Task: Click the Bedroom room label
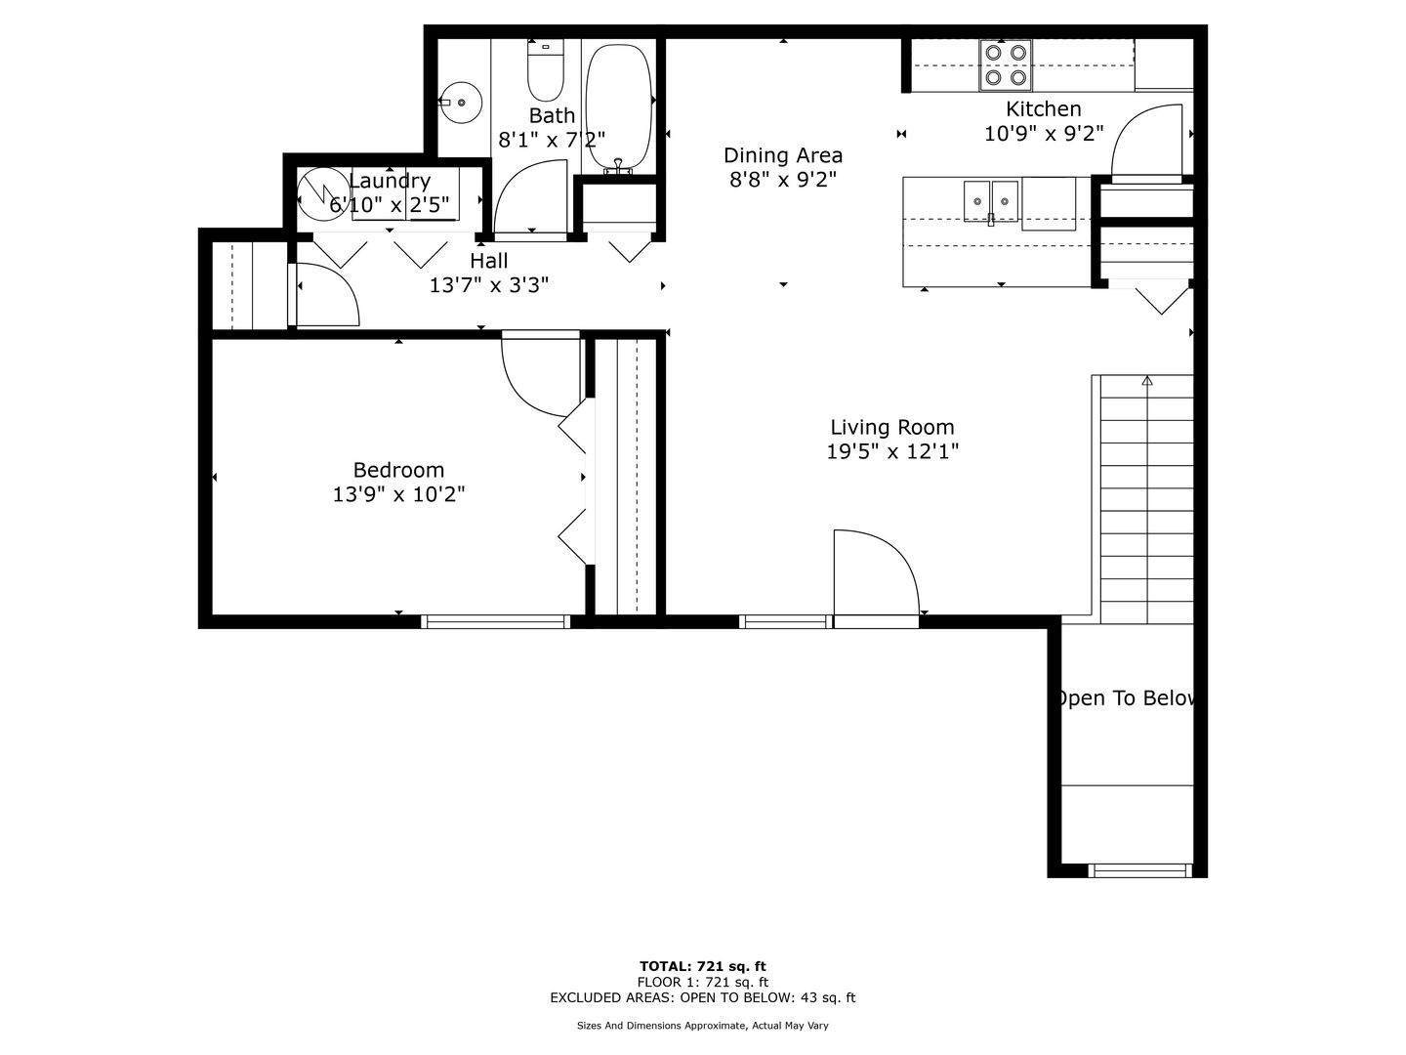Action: coord(398,470)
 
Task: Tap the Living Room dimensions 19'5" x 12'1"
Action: coord(892,451)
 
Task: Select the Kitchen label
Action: coord(1044,108)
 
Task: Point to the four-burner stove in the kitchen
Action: coord(1005,65)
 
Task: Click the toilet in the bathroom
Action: coord(545,69)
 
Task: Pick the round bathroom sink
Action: coord(461,103)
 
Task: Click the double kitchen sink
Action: coord(991,201)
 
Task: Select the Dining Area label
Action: coord(783,155)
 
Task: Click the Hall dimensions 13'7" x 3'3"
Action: coord(489,285)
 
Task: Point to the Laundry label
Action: coord(390,181)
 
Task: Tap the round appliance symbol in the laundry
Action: coord(323,194)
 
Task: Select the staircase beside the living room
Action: coord(1146,499)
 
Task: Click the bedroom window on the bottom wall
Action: coord(496,621)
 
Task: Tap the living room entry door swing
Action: coord(876,572)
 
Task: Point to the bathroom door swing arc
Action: coord(530,196)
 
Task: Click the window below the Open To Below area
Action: coord(1140,870)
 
